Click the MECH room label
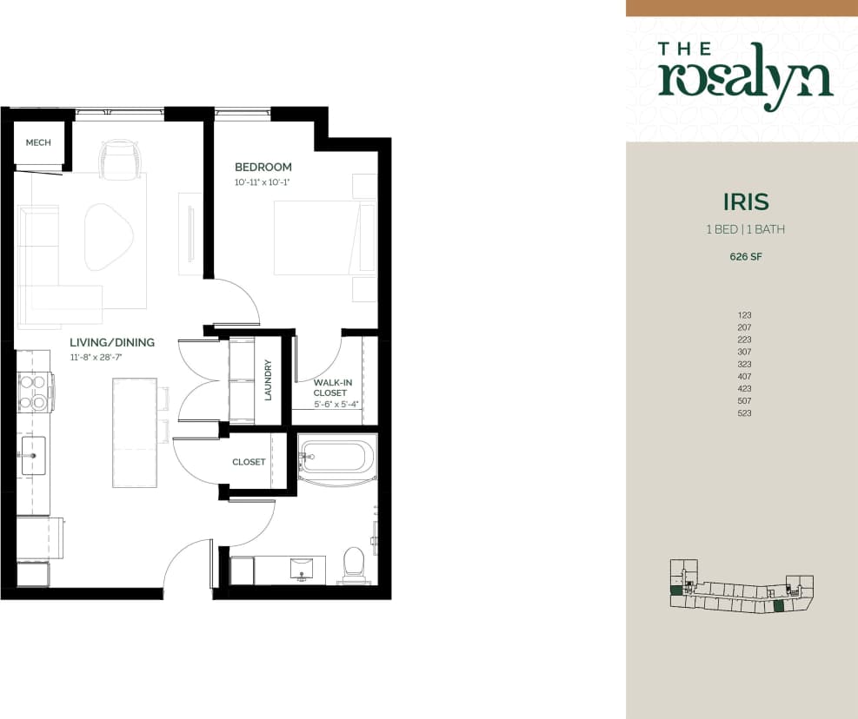37,142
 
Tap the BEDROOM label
263,167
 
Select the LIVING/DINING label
111,342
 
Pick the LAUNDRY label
269,379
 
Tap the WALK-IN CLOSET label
330,387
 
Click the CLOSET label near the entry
249,462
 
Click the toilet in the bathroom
354,562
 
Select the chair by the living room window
120,160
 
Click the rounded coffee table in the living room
109,235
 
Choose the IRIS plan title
745,202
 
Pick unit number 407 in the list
743,376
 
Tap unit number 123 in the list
743,315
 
